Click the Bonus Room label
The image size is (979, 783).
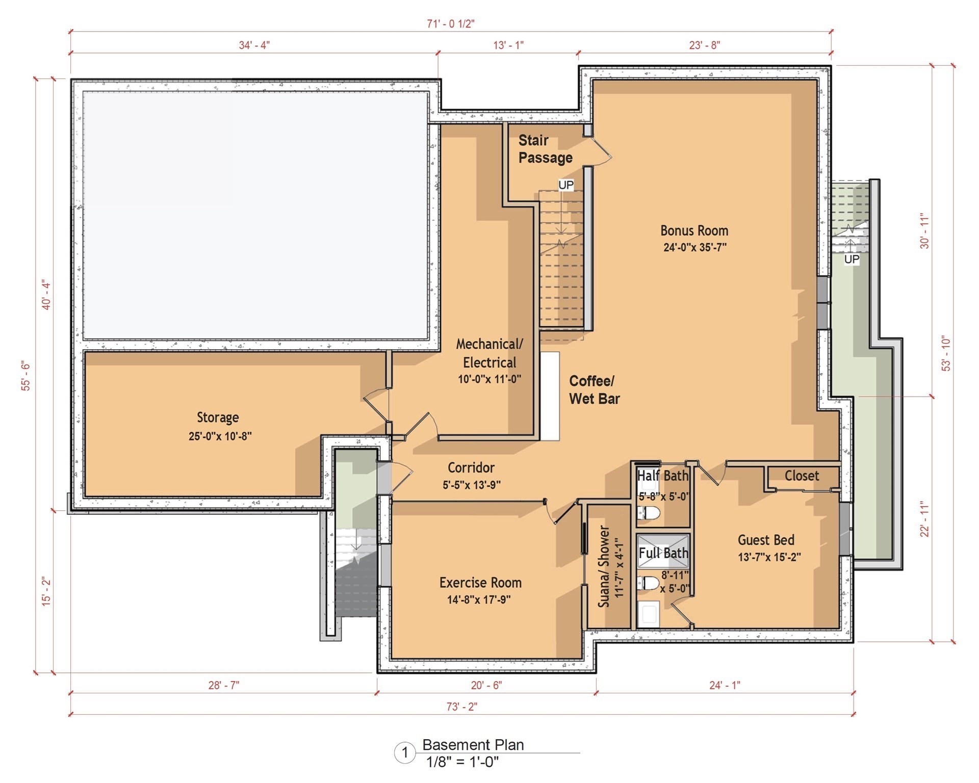[x=694, y=230]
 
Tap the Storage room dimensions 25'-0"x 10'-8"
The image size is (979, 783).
[x=220, y=436]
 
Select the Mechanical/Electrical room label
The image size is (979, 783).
[x=489, y=353]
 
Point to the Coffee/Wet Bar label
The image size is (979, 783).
[x=594, y=389]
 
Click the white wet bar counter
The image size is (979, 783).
[x=550, y=396]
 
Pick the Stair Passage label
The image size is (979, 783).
[x=545, y=149]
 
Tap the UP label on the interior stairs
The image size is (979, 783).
[x=566, y=185]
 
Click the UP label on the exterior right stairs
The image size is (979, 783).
[x=852, y=259]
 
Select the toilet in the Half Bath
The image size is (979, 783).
[x=650, y=512]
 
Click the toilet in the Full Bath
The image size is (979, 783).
[x=649, y=583]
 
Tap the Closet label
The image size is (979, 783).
[x=802, y=476]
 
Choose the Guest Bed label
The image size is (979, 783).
[x=766, y=540]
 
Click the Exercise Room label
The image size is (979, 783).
[x=480, y=583]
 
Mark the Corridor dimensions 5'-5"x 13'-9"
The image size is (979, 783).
[x=472, y=485]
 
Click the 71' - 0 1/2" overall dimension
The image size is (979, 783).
[x=451, y=24]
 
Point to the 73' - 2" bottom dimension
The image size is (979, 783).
[x=462, y=707]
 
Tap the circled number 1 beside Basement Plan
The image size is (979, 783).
[x=405, y=752]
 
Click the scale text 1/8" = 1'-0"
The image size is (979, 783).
[x=462, y=762]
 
